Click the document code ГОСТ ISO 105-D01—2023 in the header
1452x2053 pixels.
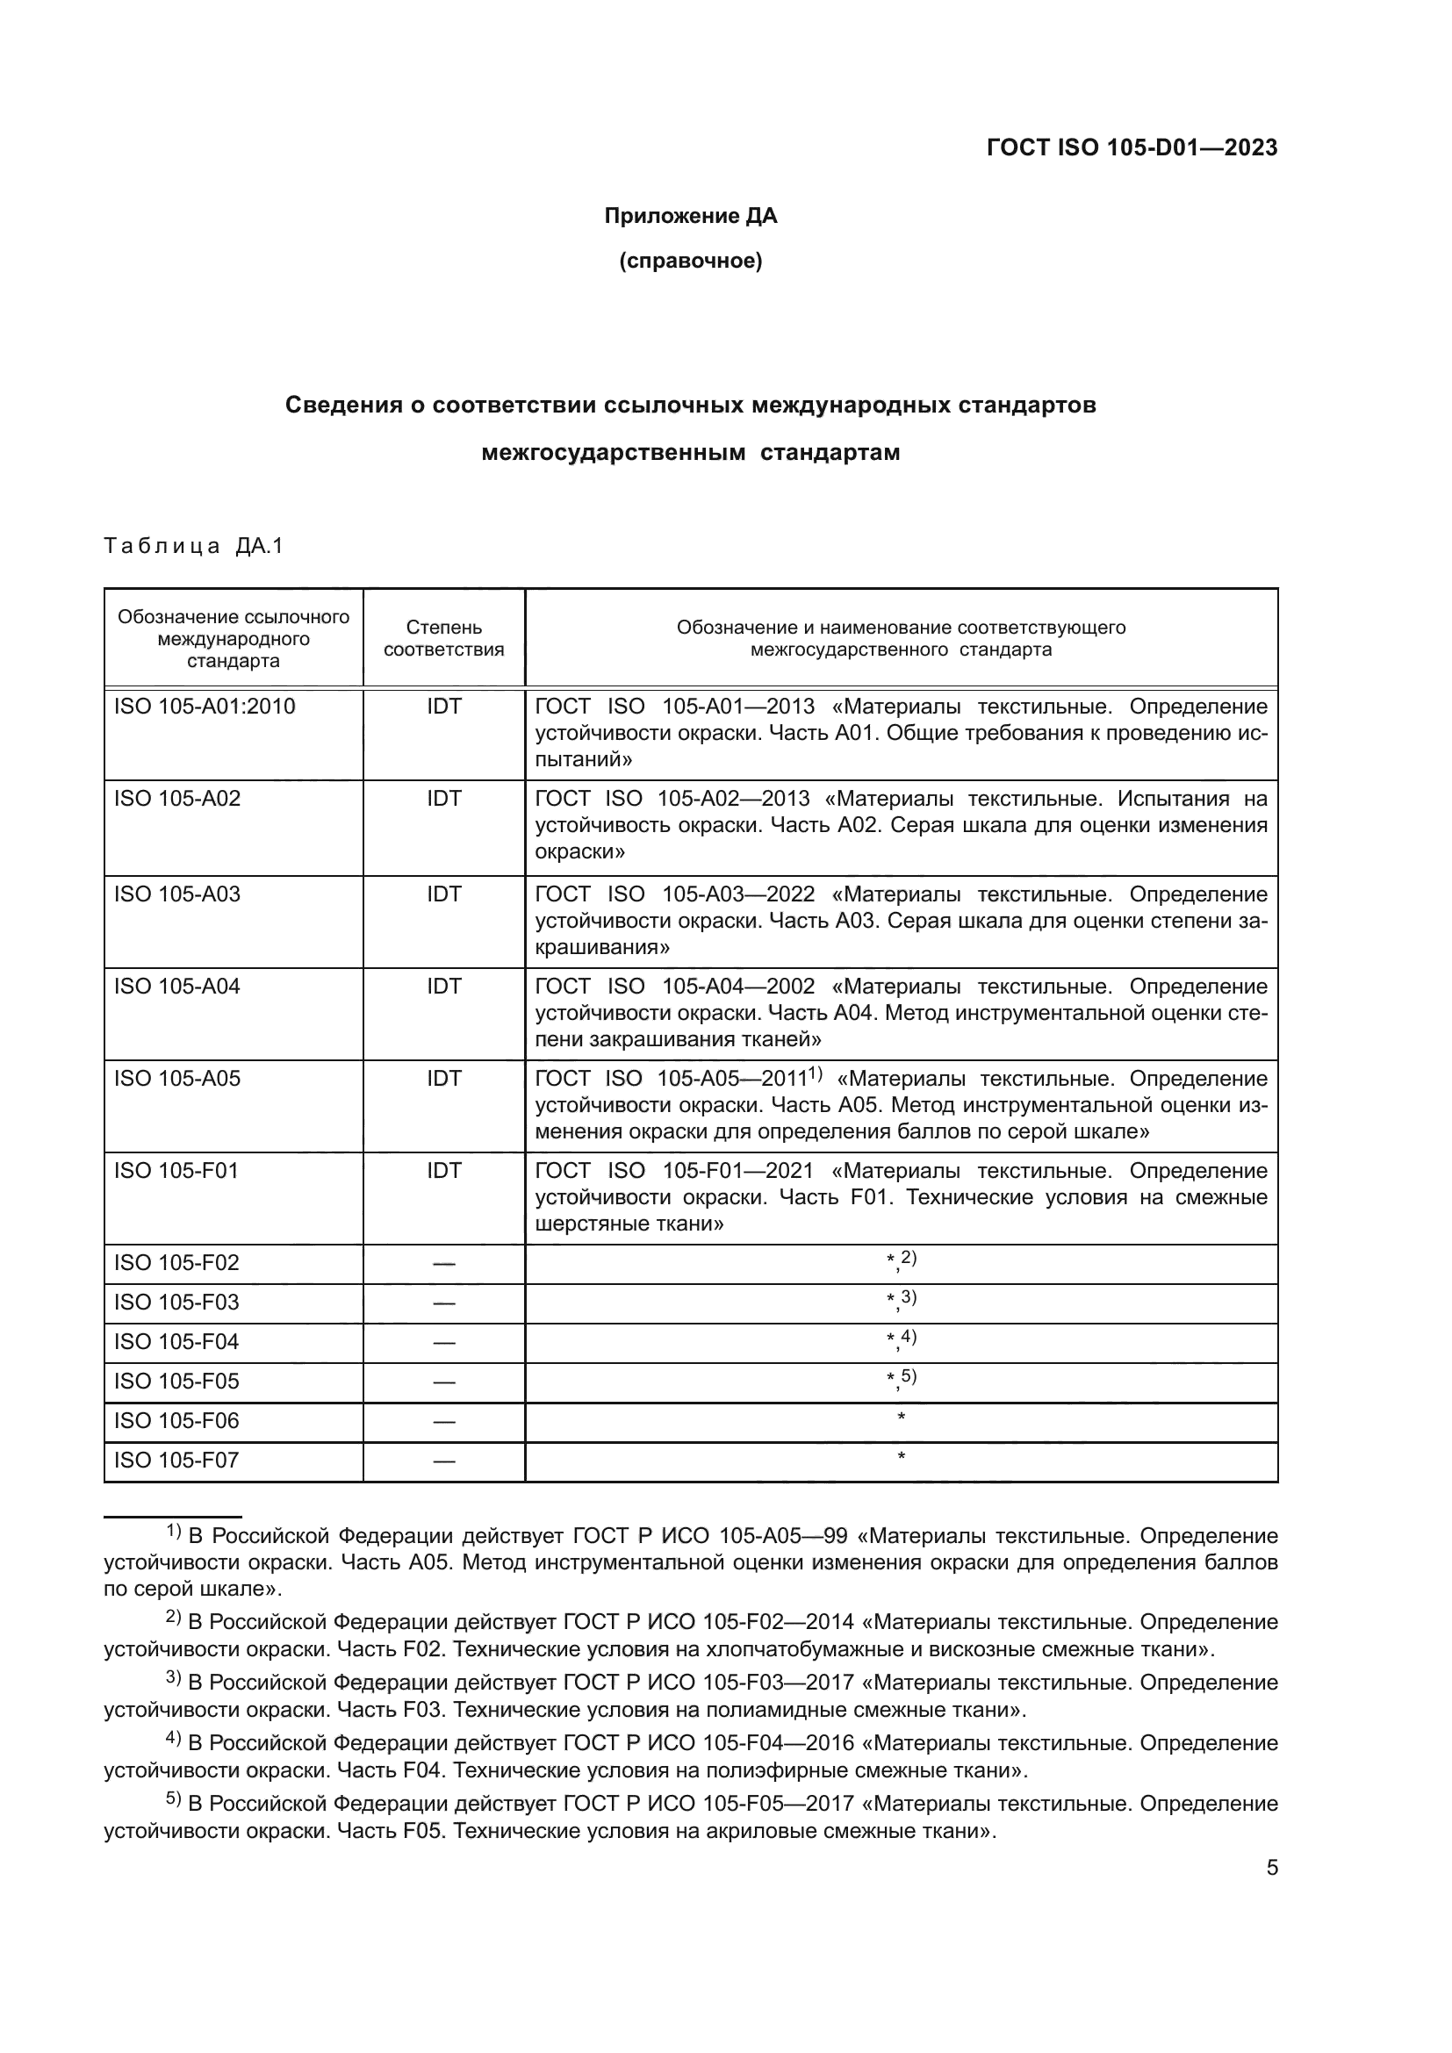1132,147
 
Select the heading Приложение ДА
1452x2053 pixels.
690,216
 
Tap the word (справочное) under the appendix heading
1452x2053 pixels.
690,261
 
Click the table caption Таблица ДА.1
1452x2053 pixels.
193,545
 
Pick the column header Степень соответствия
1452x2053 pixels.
443,638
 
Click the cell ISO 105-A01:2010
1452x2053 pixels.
205,707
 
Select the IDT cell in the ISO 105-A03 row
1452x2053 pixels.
443,894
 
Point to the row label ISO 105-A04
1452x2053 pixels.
177,987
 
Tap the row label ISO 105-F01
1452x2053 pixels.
177,1171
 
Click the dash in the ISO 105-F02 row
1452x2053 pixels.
443,1263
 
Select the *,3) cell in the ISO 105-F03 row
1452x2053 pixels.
901,1301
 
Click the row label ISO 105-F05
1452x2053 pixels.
177,1382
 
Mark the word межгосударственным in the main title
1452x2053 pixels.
614,452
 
